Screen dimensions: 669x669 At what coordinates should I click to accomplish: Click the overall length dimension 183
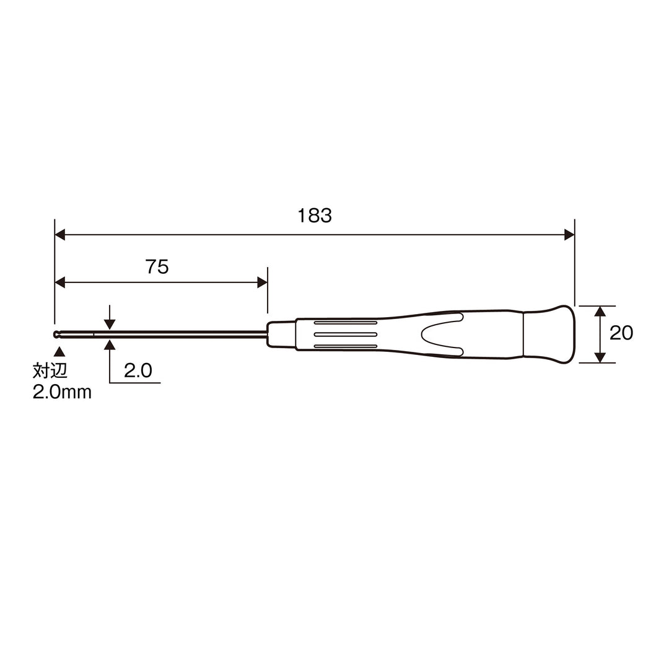[315, 216]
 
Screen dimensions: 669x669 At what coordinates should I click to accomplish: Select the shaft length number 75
[157, 266]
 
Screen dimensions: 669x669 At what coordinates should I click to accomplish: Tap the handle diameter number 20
[621, 333]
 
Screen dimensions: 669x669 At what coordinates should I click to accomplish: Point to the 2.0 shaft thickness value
[138, 370]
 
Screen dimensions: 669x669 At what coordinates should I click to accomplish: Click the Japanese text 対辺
[50, 371]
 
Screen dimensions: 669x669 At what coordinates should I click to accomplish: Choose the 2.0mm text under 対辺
[62, 392]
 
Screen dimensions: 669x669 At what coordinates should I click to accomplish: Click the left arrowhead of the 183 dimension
[60, 234]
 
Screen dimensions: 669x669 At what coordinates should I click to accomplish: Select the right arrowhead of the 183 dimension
[569, 234]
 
